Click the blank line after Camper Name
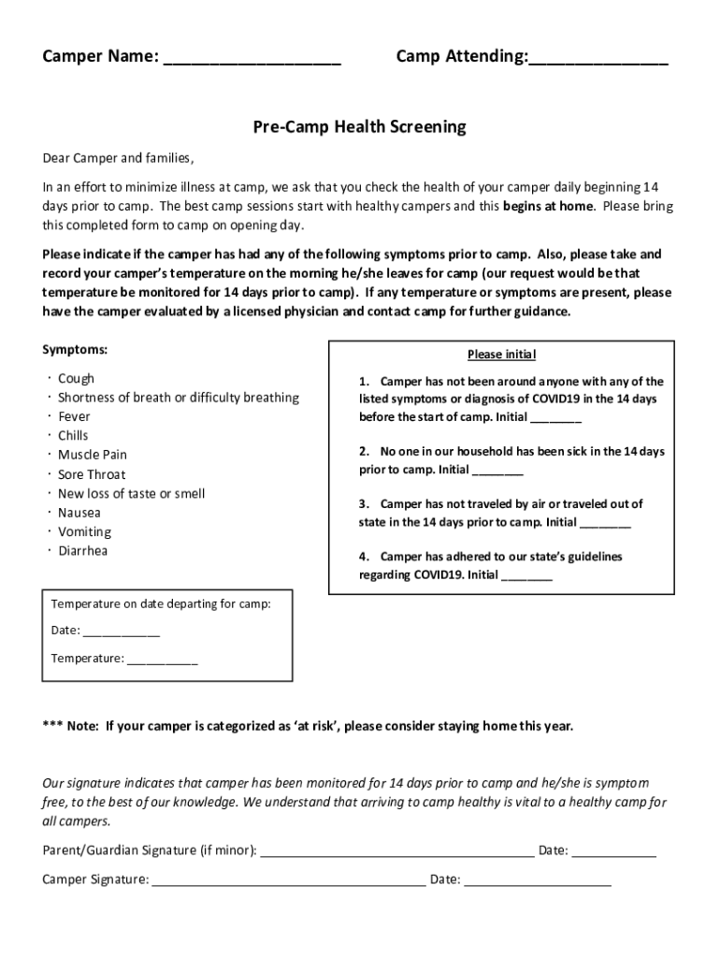tap(252, 60)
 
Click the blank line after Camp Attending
tap(598, 60)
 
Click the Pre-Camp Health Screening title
tap(359, 126)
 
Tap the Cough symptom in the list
tap(76, 379)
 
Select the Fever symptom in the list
tap(75, 416)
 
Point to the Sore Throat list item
tap(92, 474)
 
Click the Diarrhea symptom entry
tap(83, 551)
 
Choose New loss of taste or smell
tap(131, 493)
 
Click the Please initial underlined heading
tap(501, 355)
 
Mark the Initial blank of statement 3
tap(605, 524)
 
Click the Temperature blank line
tap(162, 660)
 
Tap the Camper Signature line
tap(288, 880)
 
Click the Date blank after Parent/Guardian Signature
tap(613, 851)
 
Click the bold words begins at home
tap(548, 207)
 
